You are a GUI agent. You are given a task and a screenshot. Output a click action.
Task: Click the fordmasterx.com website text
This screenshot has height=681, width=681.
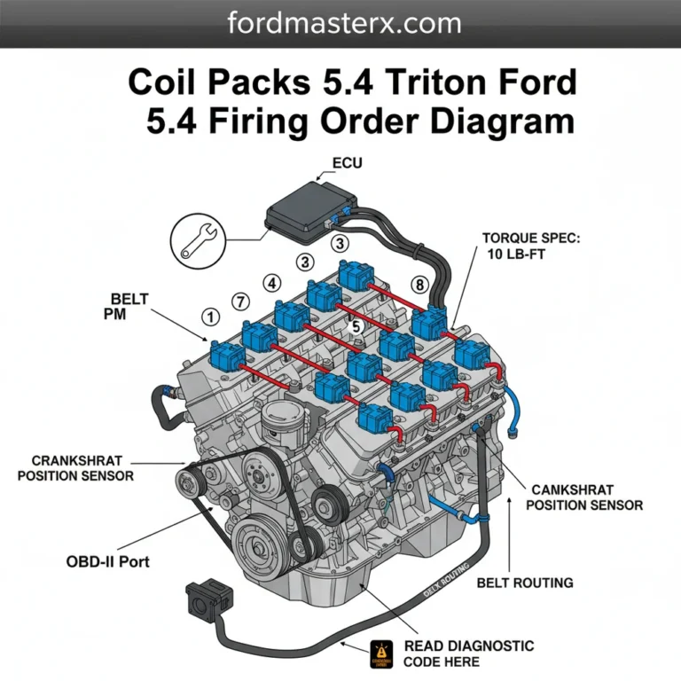tap(340, 23)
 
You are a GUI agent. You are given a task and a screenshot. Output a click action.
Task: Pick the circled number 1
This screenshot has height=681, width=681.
tap(210, 316)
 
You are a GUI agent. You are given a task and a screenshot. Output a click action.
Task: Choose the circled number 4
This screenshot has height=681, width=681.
tap(270, 283)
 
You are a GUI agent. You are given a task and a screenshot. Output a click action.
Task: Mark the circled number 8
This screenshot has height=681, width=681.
tap(419, 285)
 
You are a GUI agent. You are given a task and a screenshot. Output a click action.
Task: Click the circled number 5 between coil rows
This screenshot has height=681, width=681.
tap(356, 326)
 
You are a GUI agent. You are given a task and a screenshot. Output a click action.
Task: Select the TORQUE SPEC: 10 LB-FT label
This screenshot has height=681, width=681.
tap(529, 247)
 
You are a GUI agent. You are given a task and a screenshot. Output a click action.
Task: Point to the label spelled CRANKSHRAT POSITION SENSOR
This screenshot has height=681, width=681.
tap(82, 468)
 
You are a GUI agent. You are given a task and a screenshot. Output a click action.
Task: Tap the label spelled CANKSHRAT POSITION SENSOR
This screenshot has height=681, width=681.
tap(586, 497)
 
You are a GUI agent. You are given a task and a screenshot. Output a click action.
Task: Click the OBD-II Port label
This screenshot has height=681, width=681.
tap(107, 561)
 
